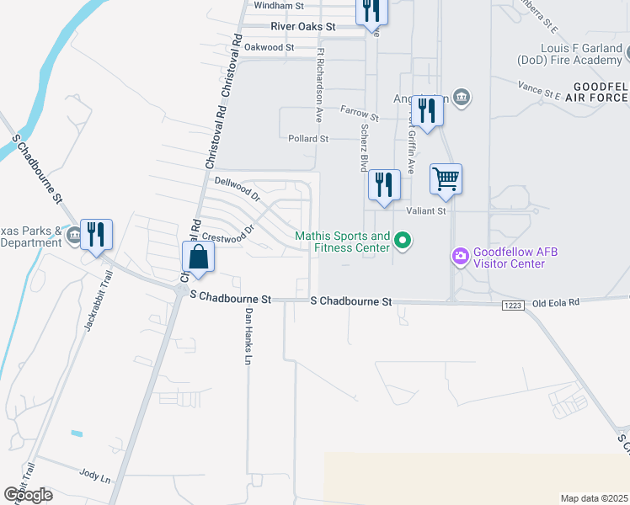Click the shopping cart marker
pyautogui.click(x=446, y=178)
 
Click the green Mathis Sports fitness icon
pyautogui.click(x=403, y=242)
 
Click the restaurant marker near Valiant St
pyautogui.click(x=384, y=185)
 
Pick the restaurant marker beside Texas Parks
pyautogui.click(x=96, y=235)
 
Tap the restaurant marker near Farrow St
pyautogui.click(x=428, y=111)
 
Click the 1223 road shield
pyautogui.click(x=513, y=303)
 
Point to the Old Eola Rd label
pyautogui.click(x=557, y=301)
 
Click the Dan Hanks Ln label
pyautogui.click(x=248, y=336)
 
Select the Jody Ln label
pyautogui.click(x=95, y=477)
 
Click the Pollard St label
pyautogui.click(x=307, y=138)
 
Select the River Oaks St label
pyautogui.click(x=302, y=27)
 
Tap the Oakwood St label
pyautogui.click(x=270, y=48)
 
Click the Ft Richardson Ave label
pyautogui.click(x=320, y=86)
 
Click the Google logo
pyautogui.click(x=28, y=495)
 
